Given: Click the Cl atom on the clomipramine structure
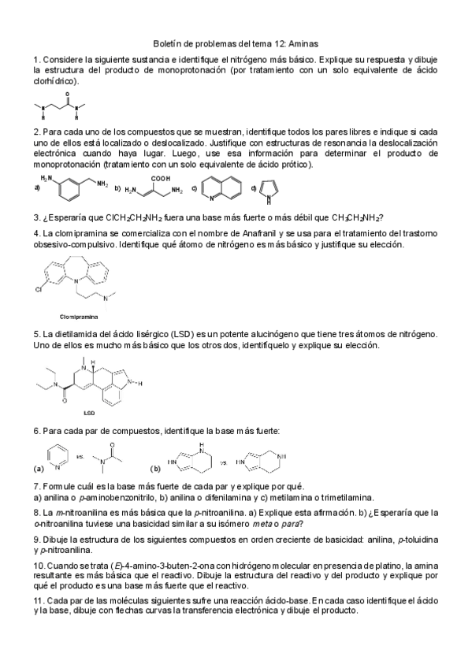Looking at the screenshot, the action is point(39,288).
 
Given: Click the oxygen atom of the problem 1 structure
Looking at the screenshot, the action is point(69,91).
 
